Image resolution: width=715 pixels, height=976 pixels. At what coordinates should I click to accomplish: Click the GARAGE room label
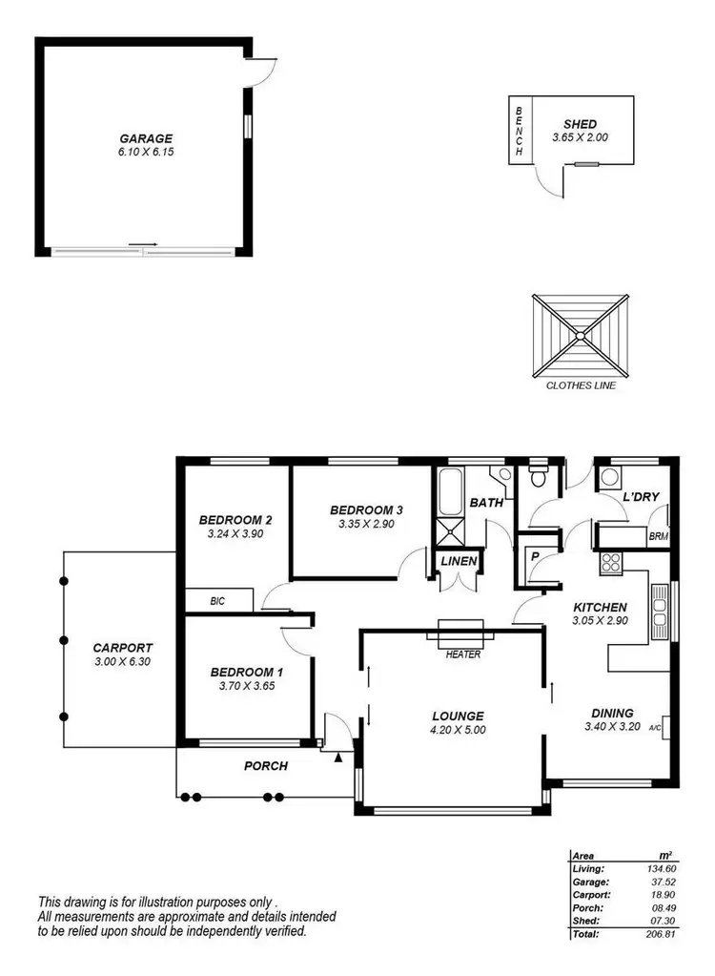tap(146, 136)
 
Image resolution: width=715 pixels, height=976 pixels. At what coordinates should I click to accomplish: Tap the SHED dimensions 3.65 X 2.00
tap(580, 137)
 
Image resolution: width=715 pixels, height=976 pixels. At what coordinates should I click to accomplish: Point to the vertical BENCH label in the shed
tap(520, 131)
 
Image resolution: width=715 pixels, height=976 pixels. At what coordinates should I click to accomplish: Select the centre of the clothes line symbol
tap(579, 336)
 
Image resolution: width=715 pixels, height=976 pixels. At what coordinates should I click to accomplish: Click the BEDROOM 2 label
tap(235, 520)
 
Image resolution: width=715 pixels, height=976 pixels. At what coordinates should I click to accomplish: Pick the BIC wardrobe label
tap(218, 601)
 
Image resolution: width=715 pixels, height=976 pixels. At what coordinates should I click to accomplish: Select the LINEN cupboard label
tap(458, 562)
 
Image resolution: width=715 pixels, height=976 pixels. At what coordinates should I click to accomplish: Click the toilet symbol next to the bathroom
tap(538, 475)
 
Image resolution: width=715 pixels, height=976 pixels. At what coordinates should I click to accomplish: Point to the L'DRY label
tap(640, 497)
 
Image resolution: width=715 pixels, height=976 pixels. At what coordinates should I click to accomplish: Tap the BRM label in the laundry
tap(658, 537)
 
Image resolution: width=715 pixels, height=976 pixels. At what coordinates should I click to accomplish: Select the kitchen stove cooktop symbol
tap(610, 562)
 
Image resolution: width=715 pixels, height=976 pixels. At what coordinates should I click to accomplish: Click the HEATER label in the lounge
tap(461, 654)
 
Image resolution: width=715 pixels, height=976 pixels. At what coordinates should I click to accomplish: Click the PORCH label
tap(266, 765)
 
